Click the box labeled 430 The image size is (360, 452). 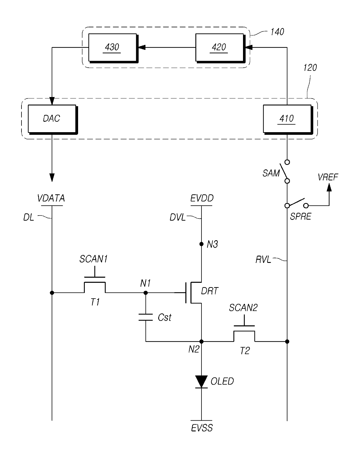(113, 48)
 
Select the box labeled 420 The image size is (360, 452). (220, 48)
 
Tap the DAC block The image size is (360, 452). (53, 119)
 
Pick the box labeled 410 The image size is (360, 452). (288, 119)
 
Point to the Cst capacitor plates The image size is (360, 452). (145, 318)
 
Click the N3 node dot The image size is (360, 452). (201, 244)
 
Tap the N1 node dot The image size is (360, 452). (145, 293)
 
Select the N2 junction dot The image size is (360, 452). (201, 342)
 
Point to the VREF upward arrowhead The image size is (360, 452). (329, 187)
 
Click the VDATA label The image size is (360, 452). (51, 198)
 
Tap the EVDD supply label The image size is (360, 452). (202, 198)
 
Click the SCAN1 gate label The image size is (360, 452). (93, 259)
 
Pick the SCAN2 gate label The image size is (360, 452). (243, 308)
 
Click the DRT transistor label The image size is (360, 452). (210, 291)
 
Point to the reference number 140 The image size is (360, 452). (277, 32)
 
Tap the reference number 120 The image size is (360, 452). (310, 68)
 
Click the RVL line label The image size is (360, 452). (263, 260)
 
